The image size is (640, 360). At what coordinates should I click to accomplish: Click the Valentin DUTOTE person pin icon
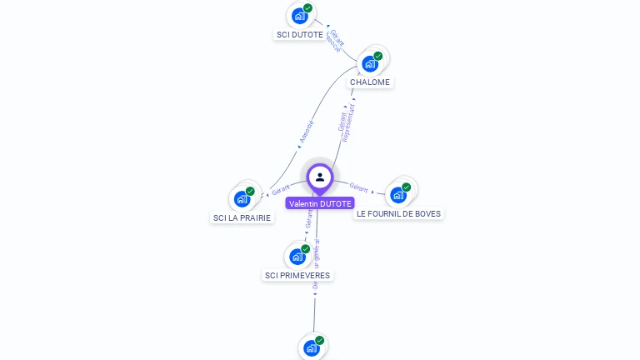(320, 177)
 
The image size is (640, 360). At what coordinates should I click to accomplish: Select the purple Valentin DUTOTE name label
(320, 203)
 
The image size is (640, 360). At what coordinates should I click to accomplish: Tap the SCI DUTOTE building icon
(300, 16)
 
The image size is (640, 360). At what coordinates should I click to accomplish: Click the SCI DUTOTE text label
(300, 35)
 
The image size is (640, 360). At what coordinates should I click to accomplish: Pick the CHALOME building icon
(370, 63)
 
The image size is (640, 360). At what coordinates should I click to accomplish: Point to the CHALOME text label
(370, 82)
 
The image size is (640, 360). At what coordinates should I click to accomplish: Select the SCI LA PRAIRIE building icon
(242, 198)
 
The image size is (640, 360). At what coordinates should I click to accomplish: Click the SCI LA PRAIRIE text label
(242, 218)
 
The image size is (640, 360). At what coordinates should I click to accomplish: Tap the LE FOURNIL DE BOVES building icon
(398, 194)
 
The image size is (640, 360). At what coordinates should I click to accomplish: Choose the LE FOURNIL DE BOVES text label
(399, 213)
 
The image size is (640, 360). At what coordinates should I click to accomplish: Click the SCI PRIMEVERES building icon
(297, 256)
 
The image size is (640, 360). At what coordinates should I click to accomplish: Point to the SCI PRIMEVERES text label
(297, 275)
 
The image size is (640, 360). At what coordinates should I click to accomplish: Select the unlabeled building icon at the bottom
(312, 347)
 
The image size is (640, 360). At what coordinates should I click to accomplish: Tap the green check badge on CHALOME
(378, 56)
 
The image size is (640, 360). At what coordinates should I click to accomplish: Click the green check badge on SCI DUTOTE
(308, 8)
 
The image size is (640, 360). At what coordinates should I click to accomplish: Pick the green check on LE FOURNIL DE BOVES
(407, 187)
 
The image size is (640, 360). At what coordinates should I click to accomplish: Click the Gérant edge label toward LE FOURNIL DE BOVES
(359, 188)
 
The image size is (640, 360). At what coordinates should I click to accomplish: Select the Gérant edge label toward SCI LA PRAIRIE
(280, 190)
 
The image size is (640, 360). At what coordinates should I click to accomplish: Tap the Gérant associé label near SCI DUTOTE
(335, 41)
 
